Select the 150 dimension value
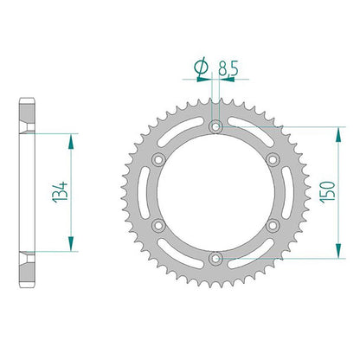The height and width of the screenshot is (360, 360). [328, 192]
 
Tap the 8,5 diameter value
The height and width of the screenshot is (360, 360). [228, 68]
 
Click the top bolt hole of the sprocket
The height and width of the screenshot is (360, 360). [215, 126]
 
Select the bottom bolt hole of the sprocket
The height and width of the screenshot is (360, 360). [215, 259]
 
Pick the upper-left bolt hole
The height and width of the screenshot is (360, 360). [158, 159]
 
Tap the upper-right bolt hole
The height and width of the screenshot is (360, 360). [273, 159]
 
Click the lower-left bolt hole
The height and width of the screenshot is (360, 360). [158, 225]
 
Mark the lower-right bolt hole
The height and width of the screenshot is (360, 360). [273, 225]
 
